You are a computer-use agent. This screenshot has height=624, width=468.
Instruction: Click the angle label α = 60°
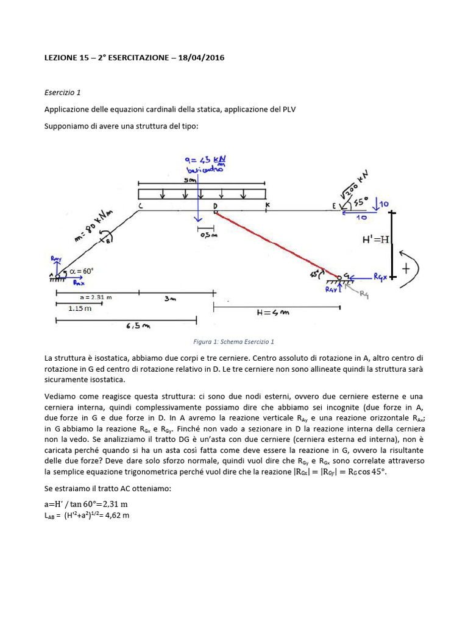tap(81, 271)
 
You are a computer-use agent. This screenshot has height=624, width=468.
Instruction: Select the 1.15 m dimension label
tap(80, 308)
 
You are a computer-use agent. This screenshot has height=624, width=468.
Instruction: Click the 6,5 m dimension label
tap(138, 326)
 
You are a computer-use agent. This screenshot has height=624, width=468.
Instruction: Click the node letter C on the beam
tap(140, 207)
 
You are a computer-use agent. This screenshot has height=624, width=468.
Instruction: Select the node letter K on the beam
tap(267, 206)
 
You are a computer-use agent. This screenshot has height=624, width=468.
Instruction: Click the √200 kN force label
tap(355, 186)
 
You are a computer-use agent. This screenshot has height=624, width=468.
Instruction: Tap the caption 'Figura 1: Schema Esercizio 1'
tap(233, 342)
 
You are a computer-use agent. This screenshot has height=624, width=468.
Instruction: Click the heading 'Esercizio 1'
tap(62, 93)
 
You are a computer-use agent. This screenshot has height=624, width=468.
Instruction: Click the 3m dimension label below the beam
tap(171, 299)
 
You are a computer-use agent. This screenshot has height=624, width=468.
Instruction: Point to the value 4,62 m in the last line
tap(116, 515)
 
